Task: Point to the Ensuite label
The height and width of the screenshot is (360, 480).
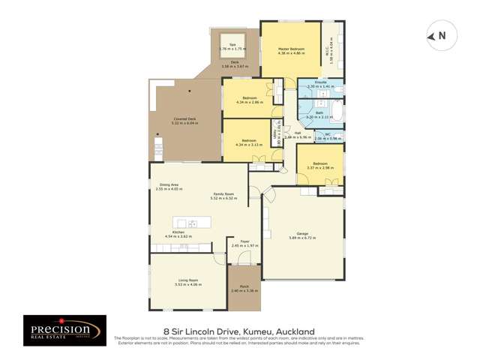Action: pos(320,85)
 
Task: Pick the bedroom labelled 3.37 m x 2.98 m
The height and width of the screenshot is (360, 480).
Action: pos(319,164)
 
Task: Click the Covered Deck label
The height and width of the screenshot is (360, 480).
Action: pos(184,120)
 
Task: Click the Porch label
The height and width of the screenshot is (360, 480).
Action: pos(244,288)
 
